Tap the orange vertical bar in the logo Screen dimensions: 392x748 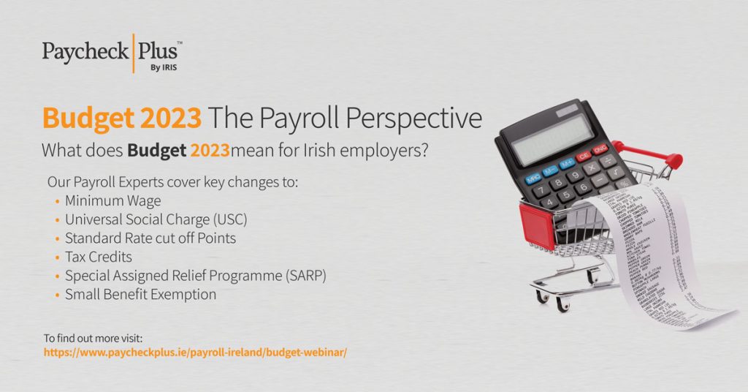(134, 53)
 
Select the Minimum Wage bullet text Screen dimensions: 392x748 (112, 200)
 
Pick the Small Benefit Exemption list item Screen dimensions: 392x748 (140, 295)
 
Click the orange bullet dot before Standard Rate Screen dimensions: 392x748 (57, 238)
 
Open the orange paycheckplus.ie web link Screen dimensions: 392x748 (195, 352)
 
